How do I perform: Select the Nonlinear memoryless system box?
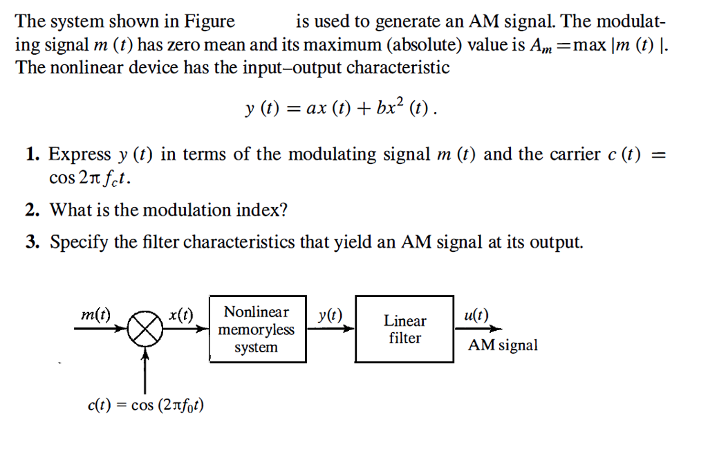[257, 329]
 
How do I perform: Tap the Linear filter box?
[404, 329]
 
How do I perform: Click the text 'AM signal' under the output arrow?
[503, 345]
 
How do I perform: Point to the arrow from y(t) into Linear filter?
[330, 329]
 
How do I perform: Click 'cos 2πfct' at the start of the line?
[88, 179]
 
